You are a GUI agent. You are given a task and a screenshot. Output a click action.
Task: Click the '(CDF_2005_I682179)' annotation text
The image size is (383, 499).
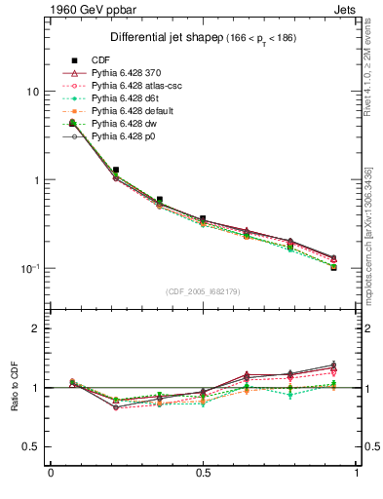203,292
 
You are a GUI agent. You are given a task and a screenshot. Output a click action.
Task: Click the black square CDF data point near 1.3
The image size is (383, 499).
116,170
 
